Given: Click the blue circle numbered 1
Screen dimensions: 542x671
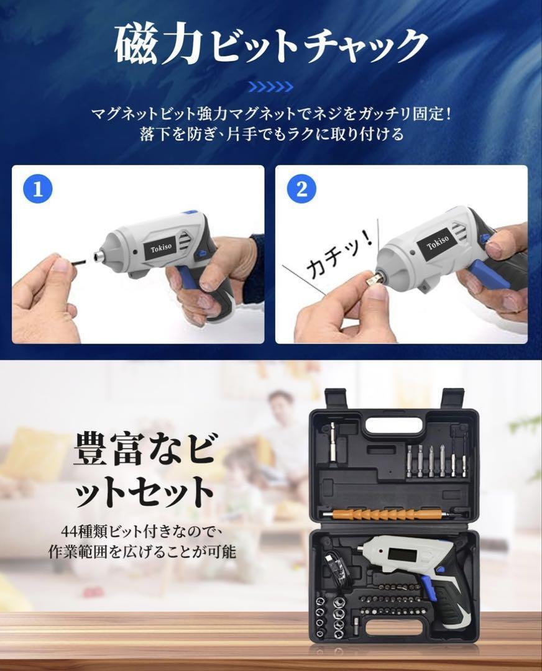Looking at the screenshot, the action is (38, 189).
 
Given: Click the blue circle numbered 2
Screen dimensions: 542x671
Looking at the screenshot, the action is (302, 189).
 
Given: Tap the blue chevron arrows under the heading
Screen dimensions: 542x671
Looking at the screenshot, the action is (271, 88).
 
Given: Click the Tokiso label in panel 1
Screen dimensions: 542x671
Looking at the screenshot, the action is (161, 247).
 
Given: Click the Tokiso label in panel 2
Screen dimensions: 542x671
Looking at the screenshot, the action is (438, 242).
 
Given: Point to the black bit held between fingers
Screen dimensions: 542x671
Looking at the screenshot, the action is (75, 260).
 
